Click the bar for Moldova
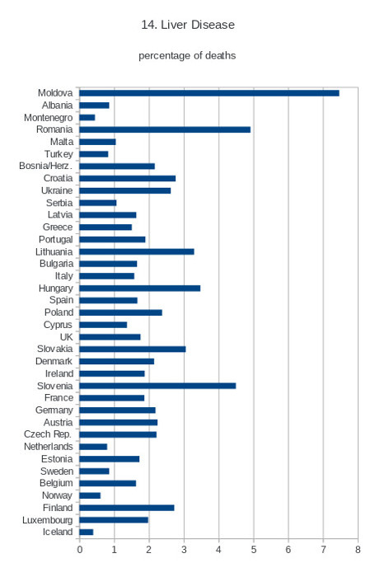coord(209,93)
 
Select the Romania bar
coord(165,129)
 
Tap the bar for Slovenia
coord(157,386)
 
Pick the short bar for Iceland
coord(86,532)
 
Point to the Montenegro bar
coord(87,117)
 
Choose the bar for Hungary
coord(140,288)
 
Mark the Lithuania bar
coord(137,251)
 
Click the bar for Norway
coord(90,495)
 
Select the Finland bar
coord(127,508)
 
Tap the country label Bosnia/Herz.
coord(45,166)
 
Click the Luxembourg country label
coord(48,520)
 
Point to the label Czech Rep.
coord(48,434)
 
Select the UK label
coord(66,337)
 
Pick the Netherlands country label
coord(48,447)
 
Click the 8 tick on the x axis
coord(358,550)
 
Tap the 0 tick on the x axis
coord(79,550)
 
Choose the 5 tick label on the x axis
coord(254,550)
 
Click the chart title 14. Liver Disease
coord(188,25)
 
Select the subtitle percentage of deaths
coord(187,55)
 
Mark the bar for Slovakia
coord(133,349)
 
